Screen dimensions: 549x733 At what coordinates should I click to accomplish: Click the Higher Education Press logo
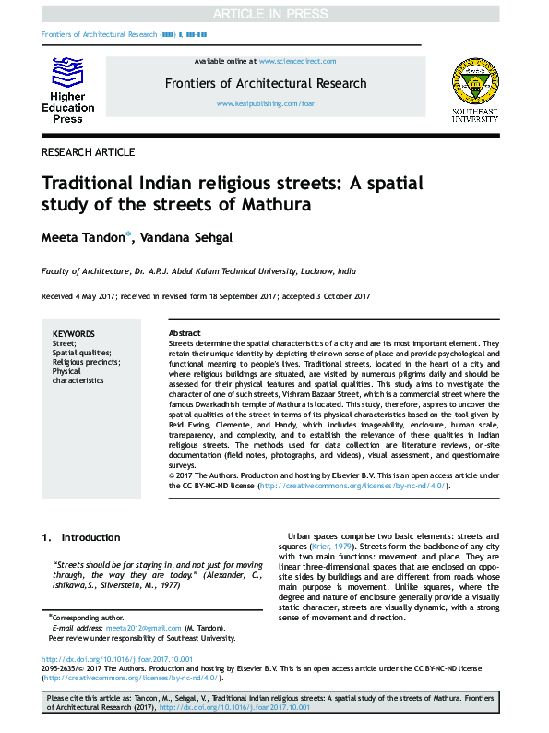67,90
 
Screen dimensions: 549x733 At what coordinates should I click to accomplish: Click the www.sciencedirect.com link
297,61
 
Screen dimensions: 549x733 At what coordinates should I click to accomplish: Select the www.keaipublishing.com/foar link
266,104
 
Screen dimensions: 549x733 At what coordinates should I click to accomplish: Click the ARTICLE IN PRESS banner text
274,13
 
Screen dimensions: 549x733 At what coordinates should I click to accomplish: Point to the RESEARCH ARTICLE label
89,152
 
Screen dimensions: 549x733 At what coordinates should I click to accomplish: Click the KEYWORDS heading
73,333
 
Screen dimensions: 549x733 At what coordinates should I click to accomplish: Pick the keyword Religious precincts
83,363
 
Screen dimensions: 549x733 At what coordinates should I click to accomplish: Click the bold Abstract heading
185,333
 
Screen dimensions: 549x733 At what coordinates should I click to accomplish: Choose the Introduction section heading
90,537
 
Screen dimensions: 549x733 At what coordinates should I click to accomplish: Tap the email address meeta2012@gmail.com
130,628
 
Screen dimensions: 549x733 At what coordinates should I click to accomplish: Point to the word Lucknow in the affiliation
314,271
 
